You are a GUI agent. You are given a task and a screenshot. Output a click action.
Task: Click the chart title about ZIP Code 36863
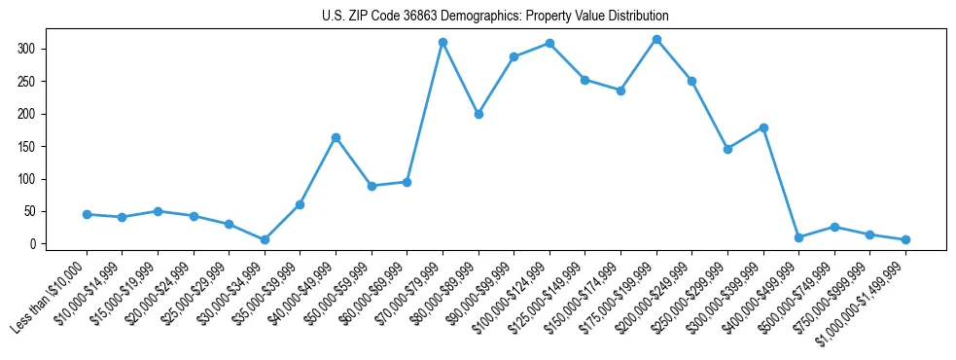[495, 17]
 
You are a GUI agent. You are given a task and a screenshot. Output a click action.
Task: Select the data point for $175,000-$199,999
[656, 40]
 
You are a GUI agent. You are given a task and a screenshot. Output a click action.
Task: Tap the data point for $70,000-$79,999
[443, 43]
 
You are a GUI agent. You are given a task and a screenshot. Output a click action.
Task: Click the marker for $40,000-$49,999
[336, 138]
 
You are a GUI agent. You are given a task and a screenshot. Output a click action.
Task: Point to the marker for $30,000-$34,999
[265, 239]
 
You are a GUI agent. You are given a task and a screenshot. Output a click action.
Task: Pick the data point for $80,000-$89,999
[478, 115]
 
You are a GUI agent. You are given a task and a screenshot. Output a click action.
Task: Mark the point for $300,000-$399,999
[763, 127]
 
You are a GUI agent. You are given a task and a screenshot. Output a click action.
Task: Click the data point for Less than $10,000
[87, 214]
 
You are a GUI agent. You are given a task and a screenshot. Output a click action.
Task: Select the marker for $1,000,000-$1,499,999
[905, 239]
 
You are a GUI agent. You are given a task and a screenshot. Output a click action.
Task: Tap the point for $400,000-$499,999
[798, 237]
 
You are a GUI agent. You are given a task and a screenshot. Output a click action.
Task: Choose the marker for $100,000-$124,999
[549, 44]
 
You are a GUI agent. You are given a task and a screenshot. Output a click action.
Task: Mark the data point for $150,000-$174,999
[620, 90]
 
